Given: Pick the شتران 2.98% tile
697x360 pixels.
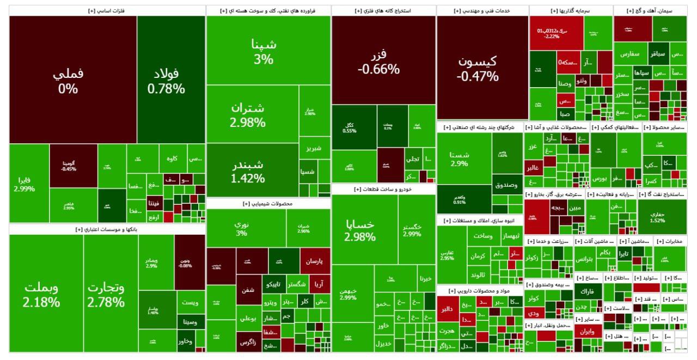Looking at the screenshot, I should coord(252,114).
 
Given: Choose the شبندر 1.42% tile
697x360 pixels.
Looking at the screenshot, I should coord(252,170).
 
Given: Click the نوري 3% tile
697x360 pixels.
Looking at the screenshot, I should coord(241,228).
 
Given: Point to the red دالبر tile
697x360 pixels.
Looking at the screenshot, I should coord(448,309).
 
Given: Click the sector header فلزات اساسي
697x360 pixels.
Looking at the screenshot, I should coord(107,10).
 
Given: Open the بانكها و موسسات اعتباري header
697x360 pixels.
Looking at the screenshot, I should coord(107,230).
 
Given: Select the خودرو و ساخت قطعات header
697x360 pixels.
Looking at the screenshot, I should coord(383,190).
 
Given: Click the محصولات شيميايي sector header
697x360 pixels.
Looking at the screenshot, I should coord(268,204).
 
